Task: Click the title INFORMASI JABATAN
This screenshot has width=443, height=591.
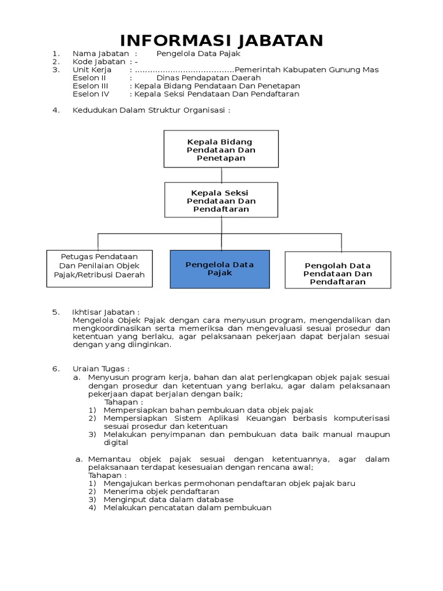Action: (x=221, y=41)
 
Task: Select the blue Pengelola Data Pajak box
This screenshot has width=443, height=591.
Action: (x=220, y=269)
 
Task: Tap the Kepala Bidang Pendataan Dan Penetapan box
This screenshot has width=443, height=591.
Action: (x=221, y=149)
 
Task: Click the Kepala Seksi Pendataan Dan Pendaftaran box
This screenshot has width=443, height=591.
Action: (x=221, y=200)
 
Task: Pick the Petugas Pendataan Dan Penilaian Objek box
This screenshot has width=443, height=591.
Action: (x=99, y=268)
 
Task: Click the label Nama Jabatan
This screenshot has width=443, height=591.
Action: (x=100, y=54)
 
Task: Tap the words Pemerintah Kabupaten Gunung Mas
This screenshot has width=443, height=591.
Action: (x=311, y=70)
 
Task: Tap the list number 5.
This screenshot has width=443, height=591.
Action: (x=55, y=312)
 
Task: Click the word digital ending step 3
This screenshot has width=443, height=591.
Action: (x=115, y=443)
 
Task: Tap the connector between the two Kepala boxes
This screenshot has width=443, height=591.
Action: (x=221, y=175)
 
